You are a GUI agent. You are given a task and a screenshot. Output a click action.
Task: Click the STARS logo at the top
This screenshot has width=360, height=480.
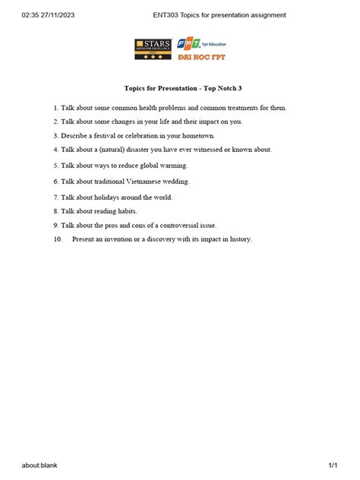[x=153, y=49]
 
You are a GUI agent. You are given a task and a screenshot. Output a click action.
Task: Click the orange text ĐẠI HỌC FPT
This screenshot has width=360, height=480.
[x=201, y=57]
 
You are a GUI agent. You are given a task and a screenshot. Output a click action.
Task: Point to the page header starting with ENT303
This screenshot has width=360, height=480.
[x=219, y=14]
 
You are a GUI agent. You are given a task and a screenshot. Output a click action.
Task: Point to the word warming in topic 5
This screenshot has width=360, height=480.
[x=174, y=165]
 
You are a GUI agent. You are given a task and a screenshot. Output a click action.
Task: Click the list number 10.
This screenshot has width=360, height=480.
[x=58, y=239]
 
